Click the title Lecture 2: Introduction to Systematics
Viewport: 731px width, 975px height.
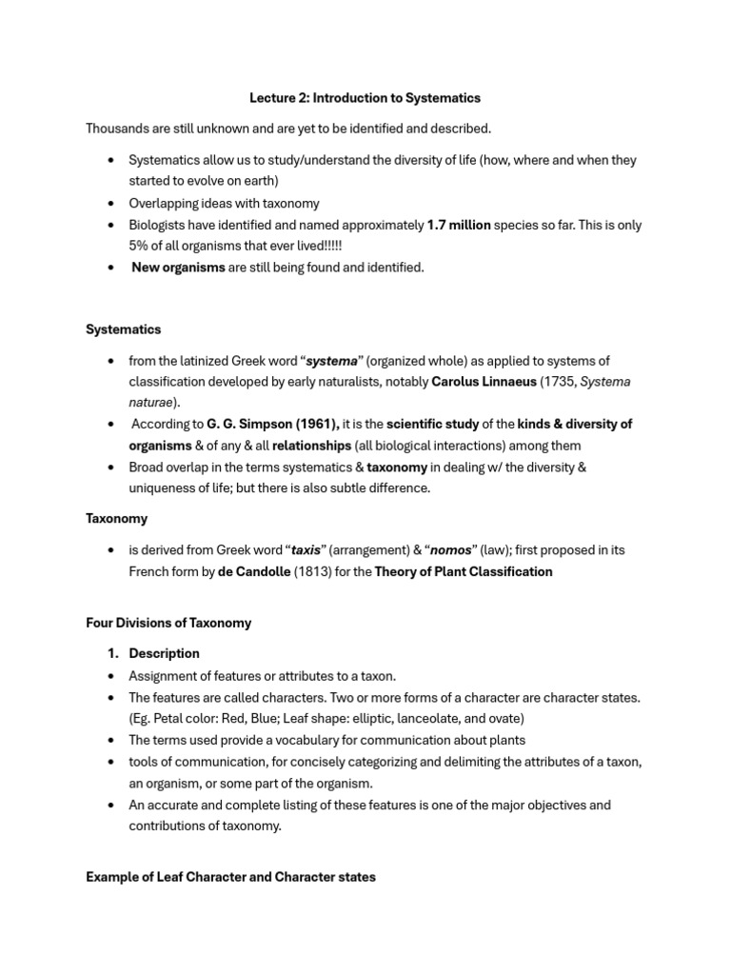[x=365, y=98]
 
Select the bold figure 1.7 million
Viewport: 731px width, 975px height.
[x=459, y=225]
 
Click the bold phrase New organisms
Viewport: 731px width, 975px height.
[x=178, y=268]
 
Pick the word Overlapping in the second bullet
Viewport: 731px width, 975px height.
[x=165, y=203]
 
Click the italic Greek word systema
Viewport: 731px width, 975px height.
[x=331, y=361]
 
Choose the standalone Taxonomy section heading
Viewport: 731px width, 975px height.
[x=116, y=519]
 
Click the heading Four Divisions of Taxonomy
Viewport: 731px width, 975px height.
[x=168, y=623]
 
